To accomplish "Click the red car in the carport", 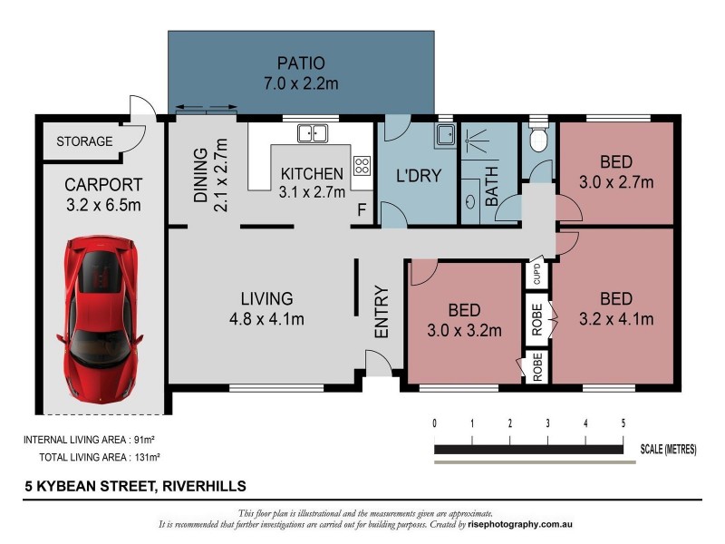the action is coord(100,319).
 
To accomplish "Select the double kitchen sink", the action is coord(313,133).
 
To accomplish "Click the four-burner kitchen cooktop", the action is coord(362,166).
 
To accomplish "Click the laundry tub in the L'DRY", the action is coord(445,135).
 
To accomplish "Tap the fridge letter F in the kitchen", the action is coord(362,210).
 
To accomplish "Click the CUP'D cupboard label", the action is coord(536,275).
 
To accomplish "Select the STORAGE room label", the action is coord(84,141).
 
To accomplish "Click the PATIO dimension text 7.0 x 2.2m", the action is coord(301,83).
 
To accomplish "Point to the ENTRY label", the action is coord(382,312).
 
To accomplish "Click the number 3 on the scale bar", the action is coord(548,423).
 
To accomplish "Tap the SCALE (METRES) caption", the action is coord(668,449).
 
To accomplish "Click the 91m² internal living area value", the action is coord(144,440).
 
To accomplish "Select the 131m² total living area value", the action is coord(148,457).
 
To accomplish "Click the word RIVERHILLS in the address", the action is coord(205,486).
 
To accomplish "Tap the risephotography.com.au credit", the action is coord(520,525).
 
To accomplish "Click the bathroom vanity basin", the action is coord(470,201).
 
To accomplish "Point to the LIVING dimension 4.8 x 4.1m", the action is coord(266,319).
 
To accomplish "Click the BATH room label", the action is coord(491,187).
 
